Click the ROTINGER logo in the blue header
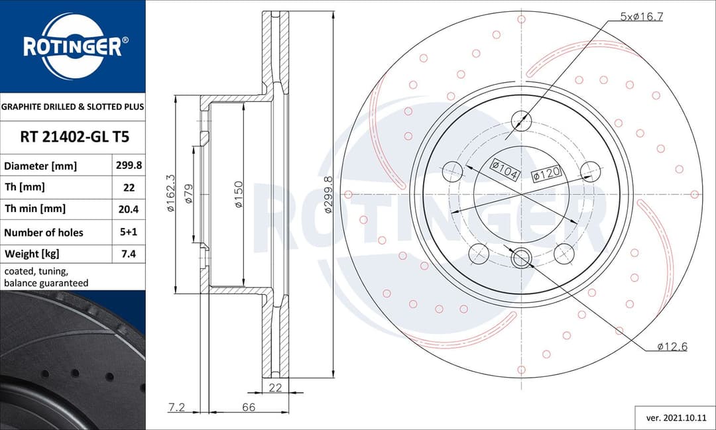[x=72, y=46]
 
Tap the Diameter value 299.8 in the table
[x=129, y=166]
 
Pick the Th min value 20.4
[x=129, y=209]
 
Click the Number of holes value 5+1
[x=129, y=233]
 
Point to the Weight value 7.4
[x=129, y=254]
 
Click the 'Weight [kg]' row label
[x=32, y=254]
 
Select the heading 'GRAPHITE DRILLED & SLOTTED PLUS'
[x=72, y=107]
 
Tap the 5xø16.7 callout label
[x=641, y=17]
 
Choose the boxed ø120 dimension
[x=547, y=173]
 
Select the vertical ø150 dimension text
[x=238, y=194]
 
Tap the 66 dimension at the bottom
[x=249, y=407]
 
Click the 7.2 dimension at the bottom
[x=176, y=407]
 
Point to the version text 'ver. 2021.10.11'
[x=675, y=419]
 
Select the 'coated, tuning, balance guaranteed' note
[x=46, y=277]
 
